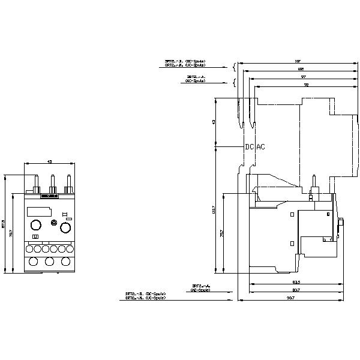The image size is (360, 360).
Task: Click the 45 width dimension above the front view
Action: tap(49, 161)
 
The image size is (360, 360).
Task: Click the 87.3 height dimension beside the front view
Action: tap(4, 223)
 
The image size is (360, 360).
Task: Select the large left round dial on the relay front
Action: tap(35, 225)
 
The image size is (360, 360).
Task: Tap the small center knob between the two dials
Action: tap(55, 224)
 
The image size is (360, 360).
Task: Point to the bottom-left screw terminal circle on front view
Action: tap(33, 262)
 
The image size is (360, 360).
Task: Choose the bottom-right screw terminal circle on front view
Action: tap(65, 262)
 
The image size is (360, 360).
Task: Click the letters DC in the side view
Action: tap(249, 147)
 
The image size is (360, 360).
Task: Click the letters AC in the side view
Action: tap(260, 147)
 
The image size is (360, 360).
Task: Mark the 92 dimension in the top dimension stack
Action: tap(306, 85)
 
